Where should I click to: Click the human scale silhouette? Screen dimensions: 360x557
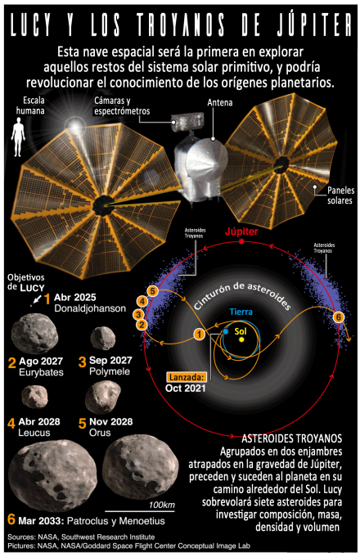(18, 137)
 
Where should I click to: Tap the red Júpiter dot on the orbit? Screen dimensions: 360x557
(241, 241)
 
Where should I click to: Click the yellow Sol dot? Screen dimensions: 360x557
(241, 339)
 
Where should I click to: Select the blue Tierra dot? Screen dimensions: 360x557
(225, 331)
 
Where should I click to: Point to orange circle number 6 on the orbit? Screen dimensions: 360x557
(339, 317)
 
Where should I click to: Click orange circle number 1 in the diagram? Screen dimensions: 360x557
(200, 334)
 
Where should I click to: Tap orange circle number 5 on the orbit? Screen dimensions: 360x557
(152, 291)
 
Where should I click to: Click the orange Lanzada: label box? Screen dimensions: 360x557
(187, 377)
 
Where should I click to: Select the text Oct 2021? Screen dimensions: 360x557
(186, 388)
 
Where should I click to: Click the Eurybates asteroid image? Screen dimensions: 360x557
(34, 333)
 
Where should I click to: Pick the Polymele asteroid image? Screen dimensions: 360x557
(103, 338)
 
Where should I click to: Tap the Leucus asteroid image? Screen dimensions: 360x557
(35, 397)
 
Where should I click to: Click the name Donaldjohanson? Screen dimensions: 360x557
(90, 308)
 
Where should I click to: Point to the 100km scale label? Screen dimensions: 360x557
(162, 505)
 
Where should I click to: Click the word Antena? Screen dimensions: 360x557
(220, 103)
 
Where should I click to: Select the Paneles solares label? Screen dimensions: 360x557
(340, 195)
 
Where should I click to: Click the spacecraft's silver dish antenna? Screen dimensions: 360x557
(206, 159)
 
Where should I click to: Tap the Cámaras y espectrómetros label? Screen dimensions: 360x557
(122, 106)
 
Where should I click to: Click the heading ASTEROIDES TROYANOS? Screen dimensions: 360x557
(292, 438)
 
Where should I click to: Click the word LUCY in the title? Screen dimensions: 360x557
(31, 25)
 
